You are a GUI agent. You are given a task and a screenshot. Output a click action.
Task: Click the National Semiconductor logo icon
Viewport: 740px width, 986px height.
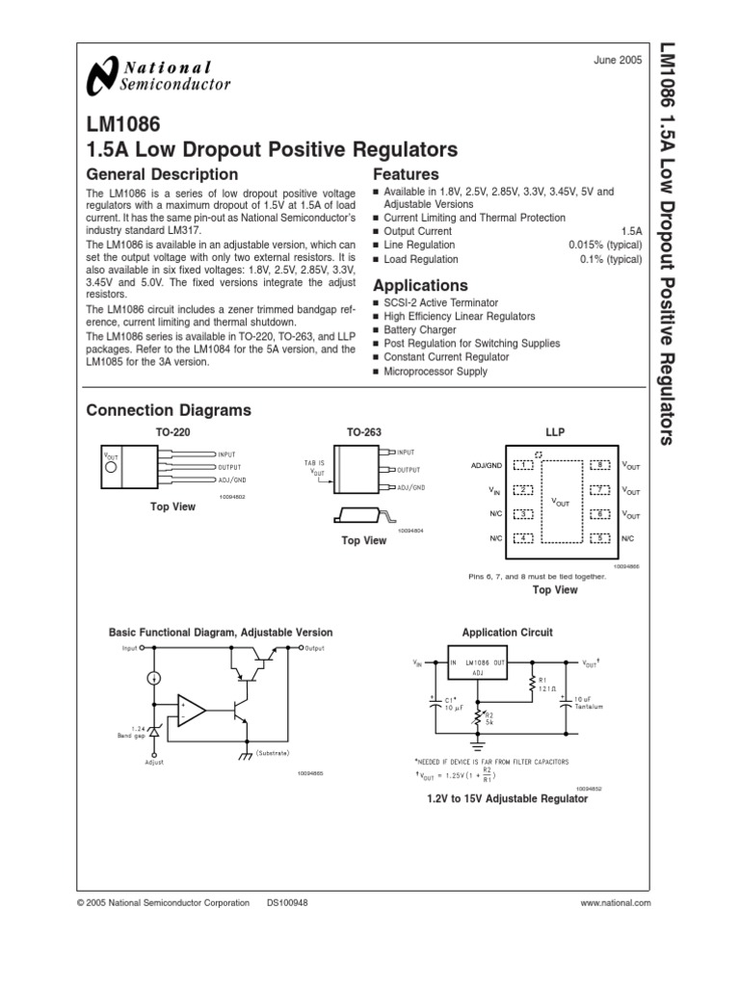pos(100,76)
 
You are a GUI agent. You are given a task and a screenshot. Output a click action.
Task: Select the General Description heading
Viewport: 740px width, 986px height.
pos(162,174)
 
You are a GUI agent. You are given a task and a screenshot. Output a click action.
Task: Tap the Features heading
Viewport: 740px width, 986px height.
pos(406,174)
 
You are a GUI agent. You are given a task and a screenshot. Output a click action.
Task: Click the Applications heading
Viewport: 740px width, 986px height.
pos(420,286)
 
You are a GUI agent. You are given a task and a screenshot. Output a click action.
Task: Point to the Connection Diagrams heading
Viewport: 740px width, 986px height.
pos(169,410)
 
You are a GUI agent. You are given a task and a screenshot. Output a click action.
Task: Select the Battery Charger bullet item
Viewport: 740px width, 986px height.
pos(420,329)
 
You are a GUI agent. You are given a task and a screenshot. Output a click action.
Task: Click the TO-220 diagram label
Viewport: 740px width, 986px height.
pos(173,433)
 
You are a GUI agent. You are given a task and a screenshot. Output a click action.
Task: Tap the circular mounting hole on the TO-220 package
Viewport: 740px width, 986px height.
pos(113,468)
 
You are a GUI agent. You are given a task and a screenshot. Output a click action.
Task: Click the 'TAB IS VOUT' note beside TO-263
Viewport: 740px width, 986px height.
pos(316,467)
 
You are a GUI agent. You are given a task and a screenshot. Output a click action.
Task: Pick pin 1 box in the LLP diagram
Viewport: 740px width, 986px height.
pos(523,465)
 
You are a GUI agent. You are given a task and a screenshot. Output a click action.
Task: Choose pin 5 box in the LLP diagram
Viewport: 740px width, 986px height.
pos(601,537)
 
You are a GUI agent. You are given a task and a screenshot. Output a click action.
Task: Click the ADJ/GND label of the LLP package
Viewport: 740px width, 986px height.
pos(488,465)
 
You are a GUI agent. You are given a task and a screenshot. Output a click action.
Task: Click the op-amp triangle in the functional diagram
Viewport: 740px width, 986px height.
pos(190,712)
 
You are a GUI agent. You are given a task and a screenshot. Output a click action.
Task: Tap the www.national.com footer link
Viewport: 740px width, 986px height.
pos(617,902)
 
